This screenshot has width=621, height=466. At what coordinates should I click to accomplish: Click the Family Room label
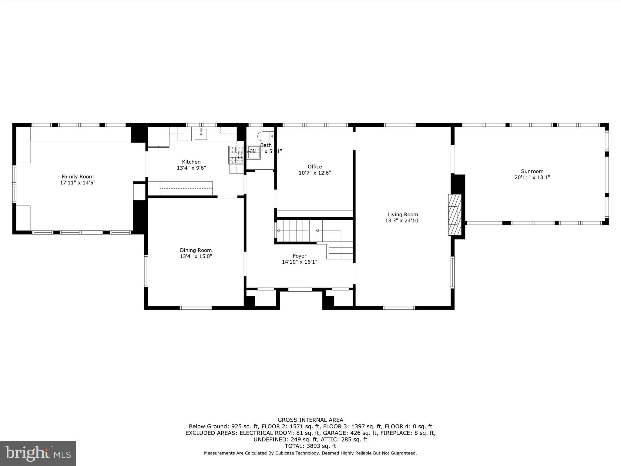point(78,177)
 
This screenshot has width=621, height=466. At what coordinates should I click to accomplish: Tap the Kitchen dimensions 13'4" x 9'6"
point(191,168)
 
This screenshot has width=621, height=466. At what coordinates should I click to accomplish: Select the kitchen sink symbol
point(201,134)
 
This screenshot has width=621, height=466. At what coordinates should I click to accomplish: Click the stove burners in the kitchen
point(236,155)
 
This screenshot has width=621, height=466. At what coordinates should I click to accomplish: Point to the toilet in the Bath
point(265,135)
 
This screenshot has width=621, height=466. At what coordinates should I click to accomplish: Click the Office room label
point(315,167)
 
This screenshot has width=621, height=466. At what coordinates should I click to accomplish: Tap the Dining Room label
point(196,250)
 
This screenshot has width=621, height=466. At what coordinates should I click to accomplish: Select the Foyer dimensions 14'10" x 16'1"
point(299,262)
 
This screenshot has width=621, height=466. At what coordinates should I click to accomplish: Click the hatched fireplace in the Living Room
point(455,215)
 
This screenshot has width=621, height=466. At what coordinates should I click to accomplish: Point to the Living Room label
point(403,214)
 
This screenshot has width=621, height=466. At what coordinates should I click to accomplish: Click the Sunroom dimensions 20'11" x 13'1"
point(532,177)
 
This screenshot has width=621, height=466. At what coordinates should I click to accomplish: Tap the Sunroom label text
point(532,171)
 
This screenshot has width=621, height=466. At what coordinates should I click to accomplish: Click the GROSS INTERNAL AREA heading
point(310,420)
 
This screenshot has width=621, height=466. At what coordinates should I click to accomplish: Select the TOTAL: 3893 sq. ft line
point(310,446)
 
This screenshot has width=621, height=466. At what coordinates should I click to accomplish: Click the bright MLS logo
point(38,453)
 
